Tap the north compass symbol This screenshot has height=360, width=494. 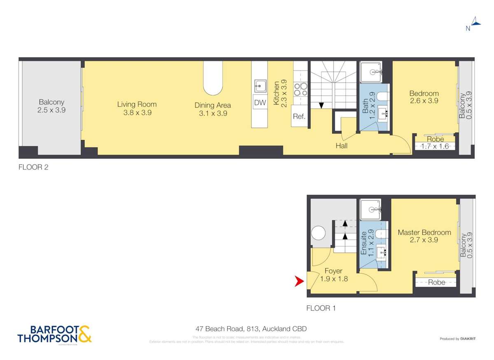tap(474, 23)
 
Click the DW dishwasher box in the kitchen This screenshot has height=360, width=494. tap(260, 103)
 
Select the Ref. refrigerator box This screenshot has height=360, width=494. tap(299, 116)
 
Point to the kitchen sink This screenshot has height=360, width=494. tap(260, 86)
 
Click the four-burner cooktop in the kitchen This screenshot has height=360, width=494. tap(301, 89)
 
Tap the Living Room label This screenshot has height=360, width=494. tap(137, 108)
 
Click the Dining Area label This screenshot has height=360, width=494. tap(213, 109)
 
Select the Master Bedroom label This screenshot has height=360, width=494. tap(424, 236)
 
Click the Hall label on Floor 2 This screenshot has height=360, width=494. tap(341, 145)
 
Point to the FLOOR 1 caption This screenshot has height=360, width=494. tap(321, 308)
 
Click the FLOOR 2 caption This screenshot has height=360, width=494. tap(33, 167)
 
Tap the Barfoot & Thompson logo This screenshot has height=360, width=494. tap(54, 334)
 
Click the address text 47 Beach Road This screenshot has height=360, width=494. tap(251, 329)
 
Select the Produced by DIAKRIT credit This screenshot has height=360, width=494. tap(457, 339)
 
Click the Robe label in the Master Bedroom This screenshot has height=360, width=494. tap(436, 282)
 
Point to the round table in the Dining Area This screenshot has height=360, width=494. tap(213, 79)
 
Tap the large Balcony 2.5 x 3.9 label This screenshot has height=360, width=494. tap(51, 106)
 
